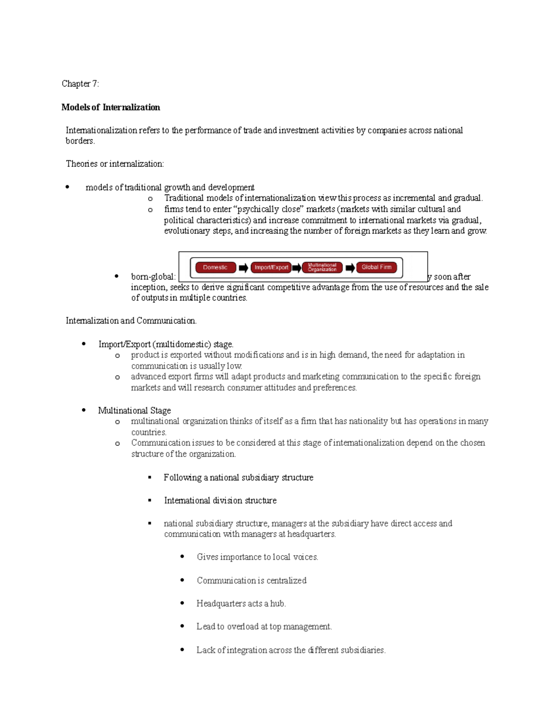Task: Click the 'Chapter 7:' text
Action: [x=80, y=84]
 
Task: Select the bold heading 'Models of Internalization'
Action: [x=111, y=107]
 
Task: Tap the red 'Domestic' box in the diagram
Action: [x=215, y=267]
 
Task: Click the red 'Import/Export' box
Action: [x=271, y=267]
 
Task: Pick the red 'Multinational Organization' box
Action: [x=322, y=267]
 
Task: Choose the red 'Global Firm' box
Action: [x=377, y=267]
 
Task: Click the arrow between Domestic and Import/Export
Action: [x=243, y=268]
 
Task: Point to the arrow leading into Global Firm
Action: [x=350, y=268]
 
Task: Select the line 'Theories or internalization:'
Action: [x=115, y=164]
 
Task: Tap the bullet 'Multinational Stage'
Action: [x=134, y=411]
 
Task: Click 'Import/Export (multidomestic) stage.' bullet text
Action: [x=166, y=344]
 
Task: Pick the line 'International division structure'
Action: [x=220, y=501]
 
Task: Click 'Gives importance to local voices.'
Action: [x=257, y=557]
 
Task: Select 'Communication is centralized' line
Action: [x=252, y=581]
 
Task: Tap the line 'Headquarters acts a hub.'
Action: [x=241, y=603]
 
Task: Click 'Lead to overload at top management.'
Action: [x=264, y=627]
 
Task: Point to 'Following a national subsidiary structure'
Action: [x=239, y=477]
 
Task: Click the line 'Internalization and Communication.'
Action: [x=131, y=321]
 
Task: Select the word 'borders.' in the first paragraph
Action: [x=80, y=141]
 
